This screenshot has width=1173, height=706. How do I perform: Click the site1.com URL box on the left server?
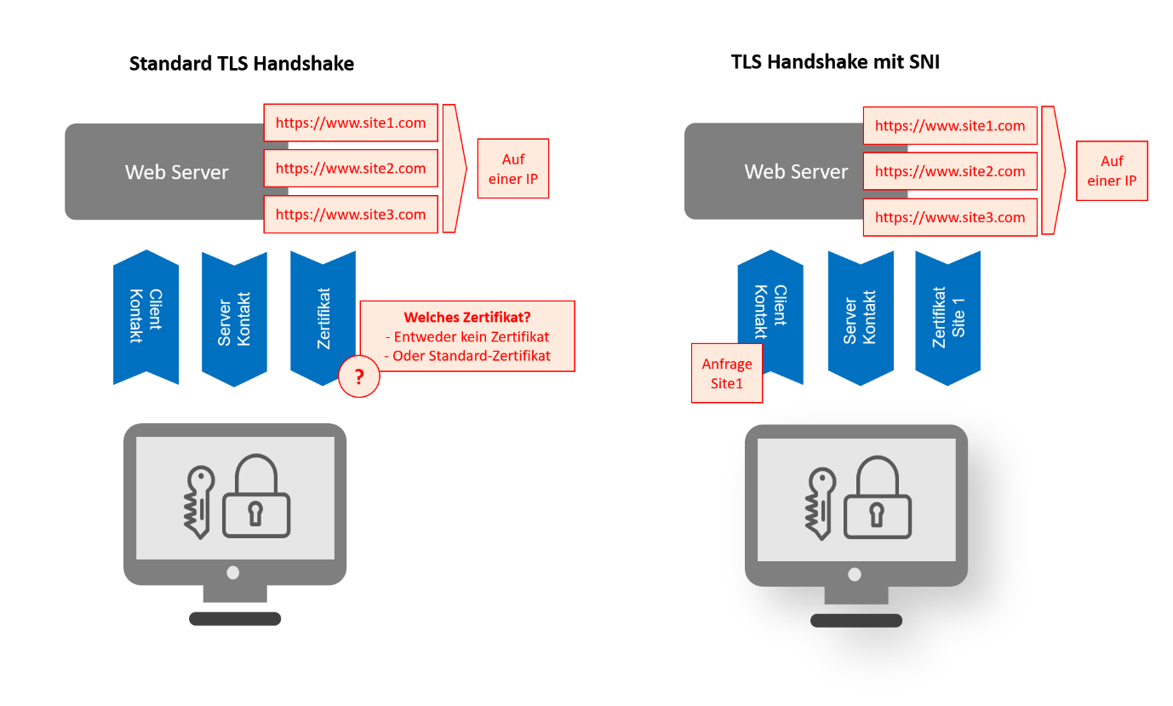tap(351, 123)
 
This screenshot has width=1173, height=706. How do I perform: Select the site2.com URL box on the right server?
tap(950, 171)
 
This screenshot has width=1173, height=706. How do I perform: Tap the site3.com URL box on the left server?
tap(351, 215)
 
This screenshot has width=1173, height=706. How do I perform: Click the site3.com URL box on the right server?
tap(950, 217)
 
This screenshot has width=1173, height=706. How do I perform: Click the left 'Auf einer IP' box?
tap(513, 169)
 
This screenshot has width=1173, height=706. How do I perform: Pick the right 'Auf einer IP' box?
tap(1112, 171)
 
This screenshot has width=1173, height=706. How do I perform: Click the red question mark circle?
tap(359, 377)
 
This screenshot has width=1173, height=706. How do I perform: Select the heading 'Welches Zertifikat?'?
tap(467, 318)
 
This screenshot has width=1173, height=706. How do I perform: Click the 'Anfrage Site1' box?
tap(727, 374)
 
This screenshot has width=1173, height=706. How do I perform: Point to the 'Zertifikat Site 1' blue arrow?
tap(947, 317)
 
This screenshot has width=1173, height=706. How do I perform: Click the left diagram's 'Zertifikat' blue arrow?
tap(323, 318)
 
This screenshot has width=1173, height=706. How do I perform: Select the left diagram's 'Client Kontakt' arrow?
tap(146, 317)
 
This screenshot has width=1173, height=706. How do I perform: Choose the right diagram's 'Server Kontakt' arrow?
tap(860, 317)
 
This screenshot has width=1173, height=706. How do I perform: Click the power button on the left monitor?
tap(234, 572)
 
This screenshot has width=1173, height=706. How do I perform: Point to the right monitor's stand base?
tap(855, 621)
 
